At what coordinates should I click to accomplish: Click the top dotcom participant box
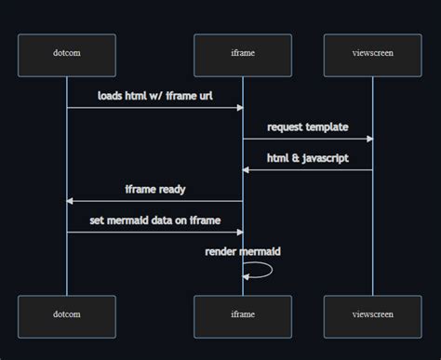pyautogui.click(x=67, y=56)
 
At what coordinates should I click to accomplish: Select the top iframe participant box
pyautogui.click(x=243, y=56)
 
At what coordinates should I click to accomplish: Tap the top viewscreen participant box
pyautogui.click(x=373, y=56)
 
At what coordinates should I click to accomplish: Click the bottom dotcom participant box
pyautogui.click(x=67, y=316)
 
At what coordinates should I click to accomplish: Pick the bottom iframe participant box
pyautogui.click(x=243, y=316)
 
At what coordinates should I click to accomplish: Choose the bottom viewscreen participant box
pyautogui.click(x=373, y=316)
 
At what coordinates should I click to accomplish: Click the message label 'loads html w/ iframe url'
pyautogui.click(x=155, y=96)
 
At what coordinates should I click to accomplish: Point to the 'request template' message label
pyautogui.click(x=308, y=127)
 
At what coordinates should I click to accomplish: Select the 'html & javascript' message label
pyautogui.click(x=308, y=158)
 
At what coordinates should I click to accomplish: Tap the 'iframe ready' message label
pyautogui.click(x=155, y=189)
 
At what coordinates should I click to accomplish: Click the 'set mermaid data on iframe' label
pyautogui.click(x=155, y=220)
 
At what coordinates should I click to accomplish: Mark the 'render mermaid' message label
pyautogui.click(x=243, y=251)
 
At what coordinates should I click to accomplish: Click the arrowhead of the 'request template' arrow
pyautogui.click(x=370, y=139)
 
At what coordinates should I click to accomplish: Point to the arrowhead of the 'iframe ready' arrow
pyautogui.click(x=70, y=201)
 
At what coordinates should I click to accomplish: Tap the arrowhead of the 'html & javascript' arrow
pyautogui.click(x=246, y=170)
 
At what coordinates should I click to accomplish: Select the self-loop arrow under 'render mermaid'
pyautogui.click(x=272, y=270)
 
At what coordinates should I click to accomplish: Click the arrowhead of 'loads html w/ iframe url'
pyautogui.click(x=240, y=108)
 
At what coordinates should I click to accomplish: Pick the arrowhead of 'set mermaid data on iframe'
pyautogui.click(x=240, y=233)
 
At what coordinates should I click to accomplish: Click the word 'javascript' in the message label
pyautogui.click(x=326, y=158)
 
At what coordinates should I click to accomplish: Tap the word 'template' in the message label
pyautogui.click(x=327, y=127)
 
